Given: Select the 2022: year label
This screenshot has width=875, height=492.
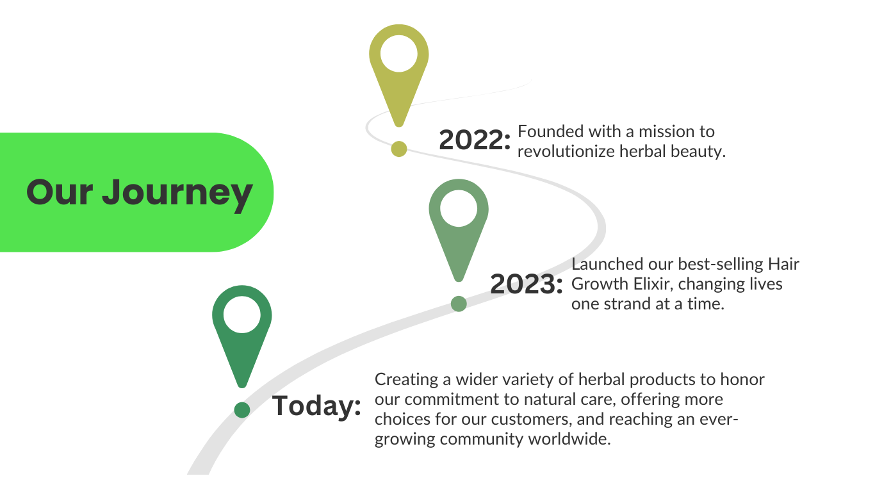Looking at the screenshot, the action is (475, 140).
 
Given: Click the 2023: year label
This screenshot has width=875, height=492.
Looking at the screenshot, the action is (527, 284).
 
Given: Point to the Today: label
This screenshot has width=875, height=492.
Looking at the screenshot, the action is (316, 406).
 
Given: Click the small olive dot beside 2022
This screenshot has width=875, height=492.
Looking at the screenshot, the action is (399, 149).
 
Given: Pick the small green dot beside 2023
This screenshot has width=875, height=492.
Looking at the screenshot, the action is (459, 304).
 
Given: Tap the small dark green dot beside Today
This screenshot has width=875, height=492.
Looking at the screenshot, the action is (241, 410).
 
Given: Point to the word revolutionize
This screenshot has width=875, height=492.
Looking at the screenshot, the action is (566, 152).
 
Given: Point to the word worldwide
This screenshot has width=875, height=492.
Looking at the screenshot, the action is (569, 439).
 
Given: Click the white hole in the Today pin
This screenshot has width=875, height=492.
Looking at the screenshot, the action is (241, 315).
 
